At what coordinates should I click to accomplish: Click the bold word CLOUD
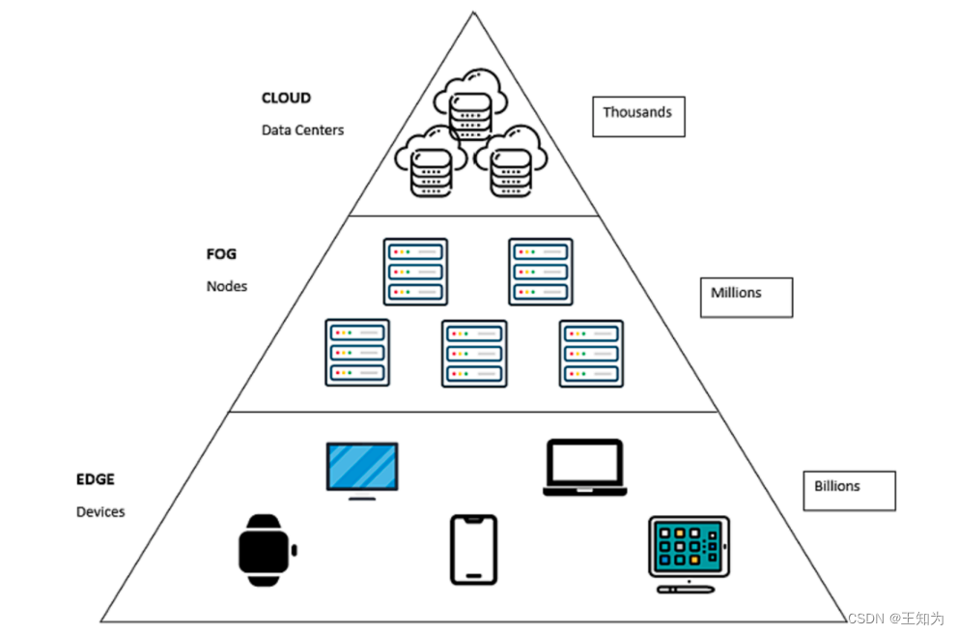click(286, 99)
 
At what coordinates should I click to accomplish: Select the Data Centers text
click(302, 130)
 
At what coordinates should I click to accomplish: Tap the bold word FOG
click(221, 255)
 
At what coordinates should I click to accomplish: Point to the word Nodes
click(226, 286)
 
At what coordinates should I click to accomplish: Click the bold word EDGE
click(96, 479)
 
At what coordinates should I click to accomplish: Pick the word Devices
click(100, 511)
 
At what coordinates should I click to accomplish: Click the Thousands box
click(638, 116)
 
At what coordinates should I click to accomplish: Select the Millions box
click(746, 297)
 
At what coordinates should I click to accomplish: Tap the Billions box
click(849, 490)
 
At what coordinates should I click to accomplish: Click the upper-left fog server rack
click(415, 272)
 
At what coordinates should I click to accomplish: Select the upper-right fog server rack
click(541, 272)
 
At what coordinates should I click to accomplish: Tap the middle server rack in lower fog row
click(474, 354)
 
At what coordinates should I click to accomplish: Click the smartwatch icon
click(268, 550)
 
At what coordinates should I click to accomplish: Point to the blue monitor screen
click(362, 468)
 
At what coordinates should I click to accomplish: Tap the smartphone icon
click(474, 549)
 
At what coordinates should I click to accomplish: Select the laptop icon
click(585, 468)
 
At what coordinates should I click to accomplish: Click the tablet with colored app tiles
click(688, 550)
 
